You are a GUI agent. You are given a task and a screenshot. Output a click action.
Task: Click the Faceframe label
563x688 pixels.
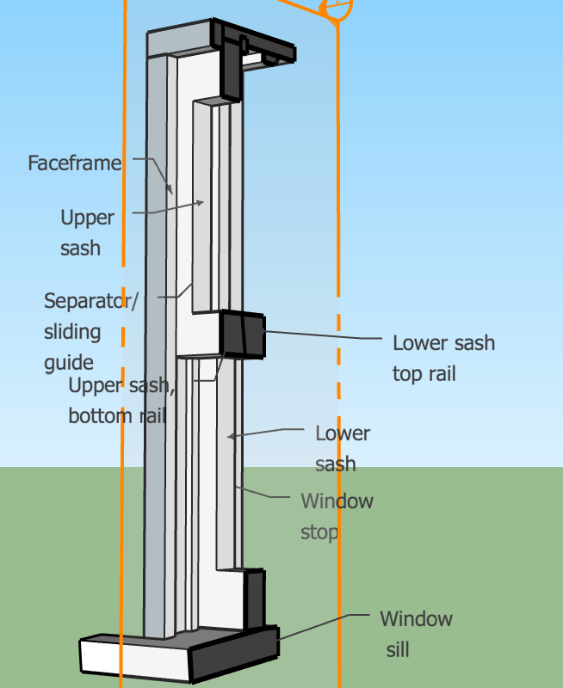(74, 163)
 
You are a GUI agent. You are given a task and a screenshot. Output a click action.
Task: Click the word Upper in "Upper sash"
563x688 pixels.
(87, 218)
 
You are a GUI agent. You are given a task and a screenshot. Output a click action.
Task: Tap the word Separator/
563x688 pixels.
(90, 301)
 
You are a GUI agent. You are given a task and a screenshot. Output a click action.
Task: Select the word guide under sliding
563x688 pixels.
(69, 362)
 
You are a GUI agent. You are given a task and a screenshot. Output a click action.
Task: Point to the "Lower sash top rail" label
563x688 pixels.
(443, 358)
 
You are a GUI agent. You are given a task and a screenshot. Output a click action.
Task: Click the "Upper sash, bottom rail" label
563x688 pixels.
(121, 401)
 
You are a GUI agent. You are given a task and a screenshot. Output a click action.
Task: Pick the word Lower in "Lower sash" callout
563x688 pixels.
(343, 433)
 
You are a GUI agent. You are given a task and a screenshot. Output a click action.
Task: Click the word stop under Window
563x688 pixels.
(319, 531)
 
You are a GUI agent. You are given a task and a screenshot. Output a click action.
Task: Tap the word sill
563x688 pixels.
(397, 649)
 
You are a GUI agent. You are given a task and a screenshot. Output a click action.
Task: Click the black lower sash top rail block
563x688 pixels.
(243, 334)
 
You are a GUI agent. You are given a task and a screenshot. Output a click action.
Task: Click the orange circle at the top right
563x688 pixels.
(336, 9)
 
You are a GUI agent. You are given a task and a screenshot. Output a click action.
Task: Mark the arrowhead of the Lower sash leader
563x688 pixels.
(230, 437)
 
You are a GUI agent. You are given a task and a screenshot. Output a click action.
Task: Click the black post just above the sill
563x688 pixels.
(255, 598)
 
